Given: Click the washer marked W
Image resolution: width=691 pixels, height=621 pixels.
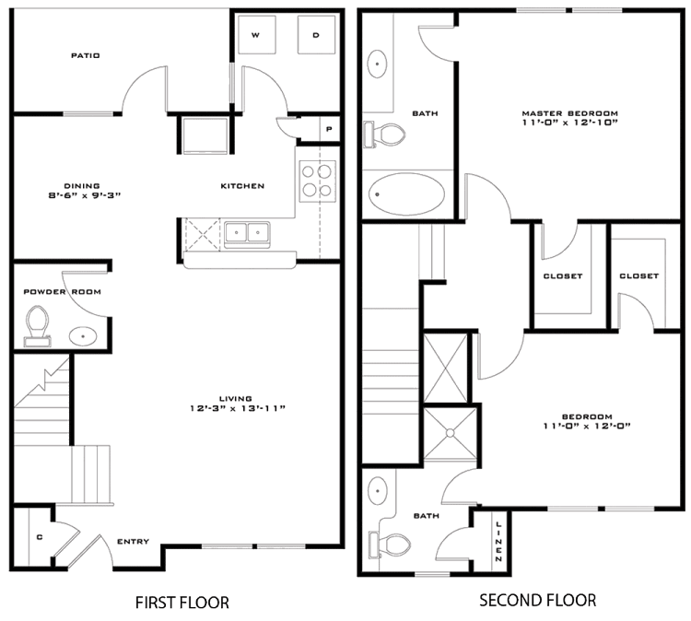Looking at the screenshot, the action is coord(256,35).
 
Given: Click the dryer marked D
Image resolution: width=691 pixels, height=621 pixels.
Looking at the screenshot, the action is coord(316,35).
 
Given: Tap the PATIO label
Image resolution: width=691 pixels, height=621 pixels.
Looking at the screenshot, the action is coord(86,55).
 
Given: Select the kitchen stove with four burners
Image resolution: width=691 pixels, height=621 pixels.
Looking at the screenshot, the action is coord(317,182).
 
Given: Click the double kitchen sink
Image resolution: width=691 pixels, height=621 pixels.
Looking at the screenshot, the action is coord(247,234).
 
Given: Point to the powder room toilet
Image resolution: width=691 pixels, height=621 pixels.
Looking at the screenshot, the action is coord(37,326).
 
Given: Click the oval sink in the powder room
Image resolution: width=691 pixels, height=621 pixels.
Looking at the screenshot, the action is coord(83,336).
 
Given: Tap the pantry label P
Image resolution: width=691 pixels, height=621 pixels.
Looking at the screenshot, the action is coord(329,129).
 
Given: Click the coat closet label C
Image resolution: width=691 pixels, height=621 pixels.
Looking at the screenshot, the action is coord(40,537).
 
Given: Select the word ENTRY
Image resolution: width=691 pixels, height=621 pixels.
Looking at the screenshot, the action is coord(133,541).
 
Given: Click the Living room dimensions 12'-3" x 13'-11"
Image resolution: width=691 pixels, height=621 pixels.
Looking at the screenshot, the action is coord(238,408).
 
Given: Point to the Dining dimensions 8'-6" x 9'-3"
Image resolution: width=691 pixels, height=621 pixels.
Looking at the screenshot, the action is coord(85,194).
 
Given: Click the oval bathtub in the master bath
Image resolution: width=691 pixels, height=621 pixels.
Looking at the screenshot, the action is coord(406,193).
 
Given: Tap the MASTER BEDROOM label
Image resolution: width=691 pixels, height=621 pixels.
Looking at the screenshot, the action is coord(569,113).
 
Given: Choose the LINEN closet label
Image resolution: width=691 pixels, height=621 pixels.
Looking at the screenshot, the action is coord(498,542).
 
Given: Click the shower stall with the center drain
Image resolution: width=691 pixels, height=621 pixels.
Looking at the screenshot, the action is coord(450,434).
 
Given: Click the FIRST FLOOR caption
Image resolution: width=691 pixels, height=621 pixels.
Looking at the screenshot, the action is coord(182,603).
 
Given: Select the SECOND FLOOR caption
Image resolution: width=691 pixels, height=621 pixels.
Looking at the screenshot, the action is coord(538,601).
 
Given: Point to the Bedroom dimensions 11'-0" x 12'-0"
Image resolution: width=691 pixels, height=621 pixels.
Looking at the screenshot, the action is coord(587,427).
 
